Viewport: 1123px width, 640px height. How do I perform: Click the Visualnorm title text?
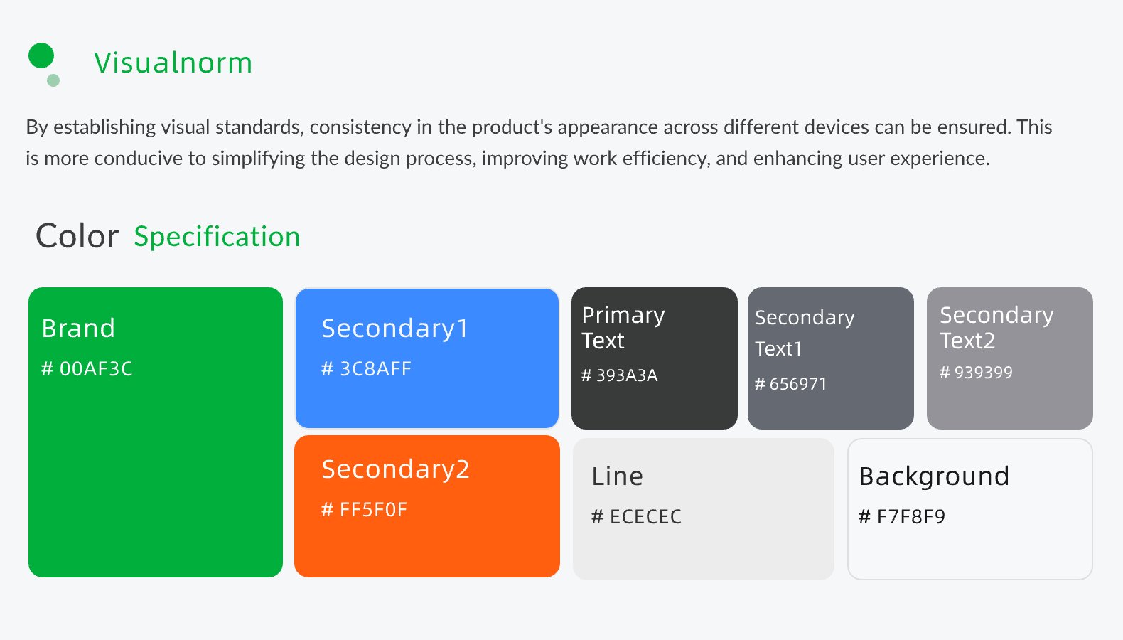click(173, 63)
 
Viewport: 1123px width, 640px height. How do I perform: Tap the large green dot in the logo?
click(41, 55)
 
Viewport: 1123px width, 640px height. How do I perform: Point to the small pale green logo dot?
click(53, 80)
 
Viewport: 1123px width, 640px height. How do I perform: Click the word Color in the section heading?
click(77, 236)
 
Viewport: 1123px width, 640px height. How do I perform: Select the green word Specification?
click(217, 237)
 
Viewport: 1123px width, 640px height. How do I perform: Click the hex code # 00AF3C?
click(87, 369)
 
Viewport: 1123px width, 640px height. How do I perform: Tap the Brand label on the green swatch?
click(78, 329)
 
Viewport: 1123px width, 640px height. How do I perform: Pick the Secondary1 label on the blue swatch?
click(394, 329)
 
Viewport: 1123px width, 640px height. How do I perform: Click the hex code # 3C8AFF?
click(366, 369)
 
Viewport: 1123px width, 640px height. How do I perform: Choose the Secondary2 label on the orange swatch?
click(396, 470)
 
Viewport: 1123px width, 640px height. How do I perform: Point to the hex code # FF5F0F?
click(364, 510)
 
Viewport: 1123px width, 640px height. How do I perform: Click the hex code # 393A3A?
click(619, 375)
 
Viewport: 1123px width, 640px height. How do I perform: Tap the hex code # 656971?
click(790, 384)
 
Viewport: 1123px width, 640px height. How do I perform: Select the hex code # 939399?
click(976, 373)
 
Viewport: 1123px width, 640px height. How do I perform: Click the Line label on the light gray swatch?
click(617, 476)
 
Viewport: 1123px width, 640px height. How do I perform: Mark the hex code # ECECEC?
click(636, 517)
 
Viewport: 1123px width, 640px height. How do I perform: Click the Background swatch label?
click(934, 477)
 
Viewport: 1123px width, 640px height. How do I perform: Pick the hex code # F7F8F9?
click(902, 517)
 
